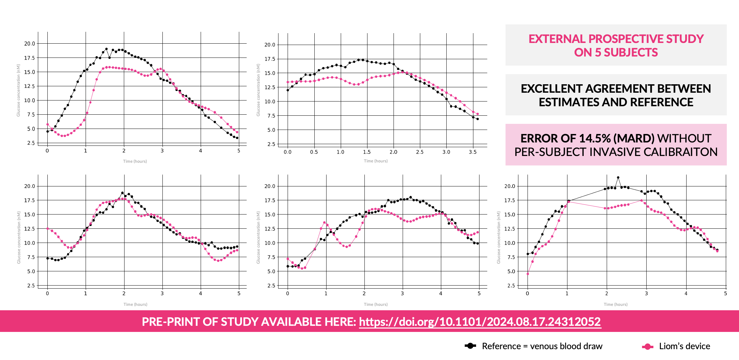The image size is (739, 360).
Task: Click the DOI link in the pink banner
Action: [480, 322]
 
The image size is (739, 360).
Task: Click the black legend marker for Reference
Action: [470, 346]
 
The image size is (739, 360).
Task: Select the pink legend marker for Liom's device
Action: [647, 346]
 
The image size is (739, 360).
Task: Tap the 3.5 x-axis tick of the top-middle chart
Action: [473, 152]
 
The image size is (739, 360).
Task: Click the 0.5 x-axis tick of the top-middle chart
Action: [314, 152]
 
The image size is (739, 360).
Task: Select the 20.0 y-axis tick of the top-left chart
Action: [29, 44]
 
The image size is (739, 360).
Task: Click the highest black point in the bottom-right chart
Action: [618, 178]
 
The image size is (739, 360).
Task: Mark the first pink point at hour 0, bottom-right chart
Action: [528, 274]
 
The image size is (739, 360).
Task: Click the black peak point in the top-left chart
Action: [106, 49]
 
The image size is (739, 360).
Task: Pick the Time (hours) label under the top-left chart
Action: [135, 161]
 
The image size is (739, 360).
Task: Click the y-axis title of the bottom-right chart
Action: [498, 238]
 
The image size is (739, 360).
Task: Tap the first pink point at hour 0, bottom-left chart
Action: [47, 229]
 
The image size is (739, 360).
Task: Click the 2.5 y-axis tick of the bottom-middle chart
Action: [270, 286]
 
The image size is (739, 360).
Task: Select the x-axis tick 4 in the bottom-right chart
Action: [686, 294]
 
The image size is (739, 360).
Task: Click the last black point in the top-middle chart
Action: [477, 119]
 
